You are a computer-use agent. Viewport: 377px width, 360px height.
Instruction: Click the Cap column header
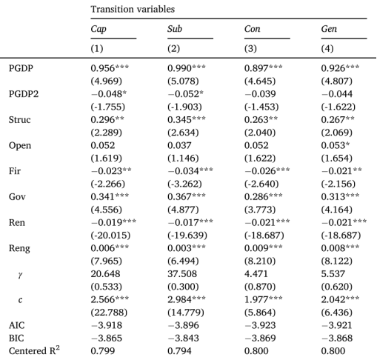tap(99, 29)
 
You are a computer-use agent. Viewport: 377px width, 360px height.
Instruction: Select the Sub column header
tap(175, 29)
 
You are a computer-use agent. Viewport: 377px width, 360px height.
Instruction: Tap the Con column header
tap(252, 29)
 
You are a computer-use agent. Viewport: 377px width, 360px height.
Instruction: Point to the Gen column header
tap(329, 29)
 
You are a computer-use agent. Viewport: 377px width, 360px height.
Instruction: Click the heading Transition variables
tap(133, 9)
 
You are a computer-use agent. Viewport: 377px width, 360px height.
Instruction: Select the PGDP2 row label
tap(24, 94)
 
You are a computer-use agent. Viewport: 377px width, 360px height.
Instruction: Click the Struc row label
tap(20, 120)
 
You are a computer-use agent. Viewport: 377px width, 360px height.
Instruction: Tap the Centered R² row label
tap(34, 350)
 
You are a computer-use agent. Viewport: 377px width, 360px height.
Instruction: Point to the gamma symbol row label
tap(20, 275)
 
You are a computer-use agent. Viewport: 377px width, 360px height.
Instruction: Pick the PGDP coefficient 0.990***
tap(187, 68)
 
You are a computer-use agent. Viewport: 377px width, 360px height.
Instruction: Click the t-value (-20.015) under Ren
tap(110, 236)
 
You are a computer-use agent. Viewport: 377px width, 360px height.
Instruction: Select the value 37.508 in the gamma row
tap(182, 274)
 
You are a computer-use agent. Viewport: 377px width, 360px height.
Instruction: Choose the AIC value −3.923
tap(260, 325)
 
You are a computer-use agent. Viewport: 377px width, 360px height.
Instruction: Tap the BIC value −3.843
tap(183, 338)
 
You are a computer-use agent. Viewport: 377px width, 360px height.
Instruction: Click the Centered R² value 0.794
tap(179, 351)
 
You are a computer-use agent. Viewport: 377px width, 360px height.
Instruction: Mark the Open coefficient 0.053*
tap(336, 145)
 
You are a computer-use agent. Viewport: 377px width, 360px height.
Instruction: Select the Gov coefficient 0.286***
tap(263, 197)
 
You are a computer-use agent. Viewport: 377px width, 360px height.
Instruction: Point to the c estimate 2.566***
tap(110, 299)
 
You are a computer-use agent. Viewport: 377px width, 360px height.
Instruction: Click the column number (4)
tap(327, 48)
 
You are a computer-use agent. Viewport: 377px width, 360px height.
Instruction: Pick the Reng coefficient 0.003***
tap(187, 248)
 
